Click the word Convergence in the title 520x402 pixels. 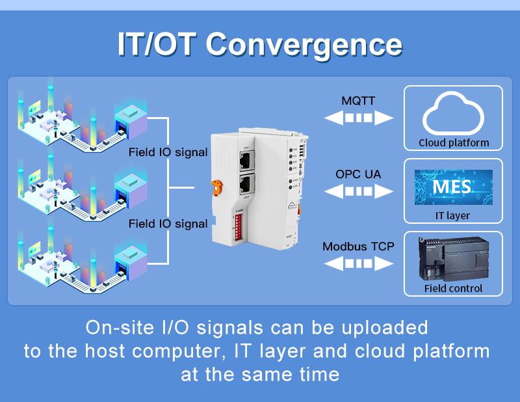coord(304,44)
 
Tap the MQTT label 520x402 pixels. coord(358,101)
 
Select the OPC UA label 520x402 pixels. coord(358,174)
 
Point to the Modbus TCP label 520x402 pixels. coord(358,247)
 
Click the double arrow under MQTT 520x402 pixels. coord(359,118)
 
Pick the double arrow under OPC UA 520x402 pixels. coord(359,191)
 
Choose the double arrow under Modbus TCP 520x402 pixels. coord(359,263)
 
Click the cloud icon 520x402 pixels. coord(453,113)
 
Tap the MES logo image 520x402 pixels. coord(453,187)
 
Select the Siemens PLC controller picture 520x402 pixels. coord(453,258)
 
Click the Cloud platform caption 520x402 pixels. coord(453,142)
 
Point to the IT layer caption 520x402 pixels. coord(453,215)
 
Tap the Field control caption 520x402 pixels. coord(453,288)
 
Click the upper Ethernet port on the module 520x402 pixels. coord(246,159)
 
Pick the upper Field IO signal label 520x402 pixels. coord(168,153)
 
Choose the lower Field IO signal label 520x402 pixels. coord(168,224)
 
